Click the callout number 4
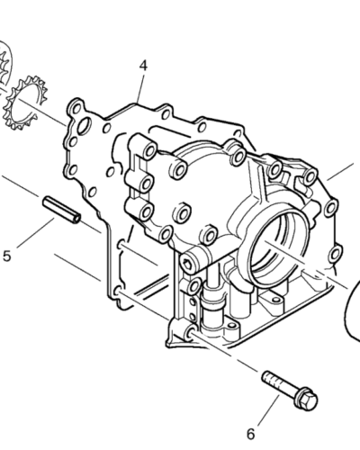[x=143, y=65]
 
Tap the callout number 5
[x=7, y=256]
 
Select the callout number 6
[x=251, y=435]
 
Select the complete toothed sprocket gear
[x=26, y=103]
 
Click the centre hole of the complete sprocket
[x=26, y=103]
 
